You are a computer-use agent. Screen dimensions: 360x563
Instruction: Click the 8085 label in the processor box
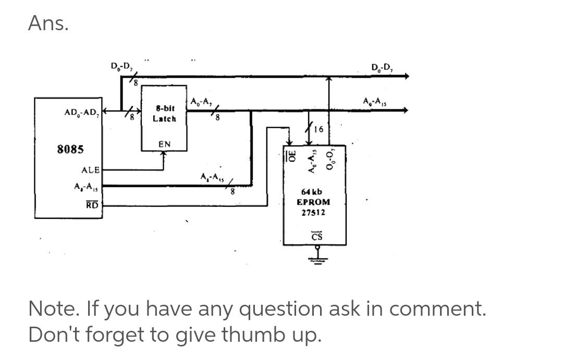[x=70, y=149]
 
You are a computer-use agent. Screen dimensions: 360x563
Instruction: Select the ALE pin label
[x=91, y=170]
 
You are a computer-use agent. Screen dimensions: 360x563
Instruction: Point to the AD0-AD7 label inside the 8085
[x=82, y=113]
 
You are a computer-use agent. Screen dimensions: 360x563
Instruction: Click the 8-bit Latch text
[x=164, y=114]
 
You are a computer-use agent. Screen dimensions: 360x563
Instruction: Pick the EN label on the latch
[x=164, y=144]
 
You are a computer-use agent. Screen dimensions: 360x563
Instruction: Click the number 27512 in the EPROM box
[x=313, y=213]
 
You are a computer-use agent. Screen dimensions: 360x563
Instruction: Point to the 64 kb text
[x=313, y=192]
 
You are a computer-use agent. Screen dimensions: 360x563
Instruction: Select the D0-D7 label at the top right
[x=383, y=68]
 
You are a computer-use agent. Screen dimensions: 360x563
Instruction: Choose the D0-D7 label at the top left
[x=121, y=66]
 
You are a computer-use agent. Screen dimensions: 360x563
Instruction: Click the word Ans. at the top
[x=48, y=23]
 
